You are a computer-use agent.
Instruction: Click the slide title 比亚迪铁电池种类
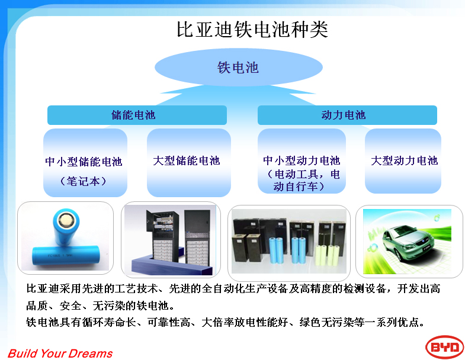(x=252, y=30)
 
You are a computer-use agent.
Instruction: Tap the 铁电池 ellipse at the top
(x=239, y=67)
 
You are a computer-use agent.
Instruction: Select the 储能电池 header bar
(x=137, y=115)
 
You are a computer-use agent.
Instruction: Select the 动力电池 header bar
(x=347, y=115)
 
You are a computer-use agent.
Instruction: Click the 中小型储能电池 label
(x=84, y=162)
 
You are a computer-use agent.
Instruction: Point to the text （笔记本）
(x=83, y=181)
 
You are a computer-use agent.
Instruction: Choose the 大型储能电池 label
(x=187, y=160)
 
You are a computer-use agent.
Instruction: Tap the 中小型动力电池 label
(x=302, y=160)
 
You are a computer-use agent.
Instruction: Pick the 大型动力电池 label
(x=404, y=160)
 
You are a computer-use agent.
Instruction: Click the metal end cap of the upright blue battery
(x=66, y=220)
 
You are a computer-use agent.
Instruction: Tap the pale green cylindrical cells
(x=328, y=255)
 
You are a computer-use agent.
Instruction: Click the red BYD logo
(x=444, y=347)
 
